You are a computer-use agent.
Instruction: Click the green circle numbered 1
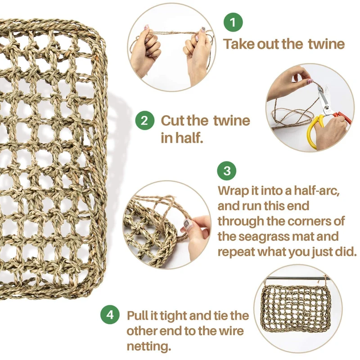click(x=233, y=22)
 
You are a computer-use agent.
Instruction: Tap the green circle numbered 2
click(x=144, y=120)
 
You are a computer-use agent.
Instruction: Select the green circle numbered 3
click(x=227, y=171)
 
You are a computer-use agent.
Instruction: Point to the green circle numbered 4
click(x=110, y=315)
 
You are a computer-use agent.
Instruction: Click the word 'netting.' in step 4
click(x=149, y=346)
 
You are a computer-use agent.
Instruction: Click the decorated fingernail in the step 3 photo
click(x=187, y=223)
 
